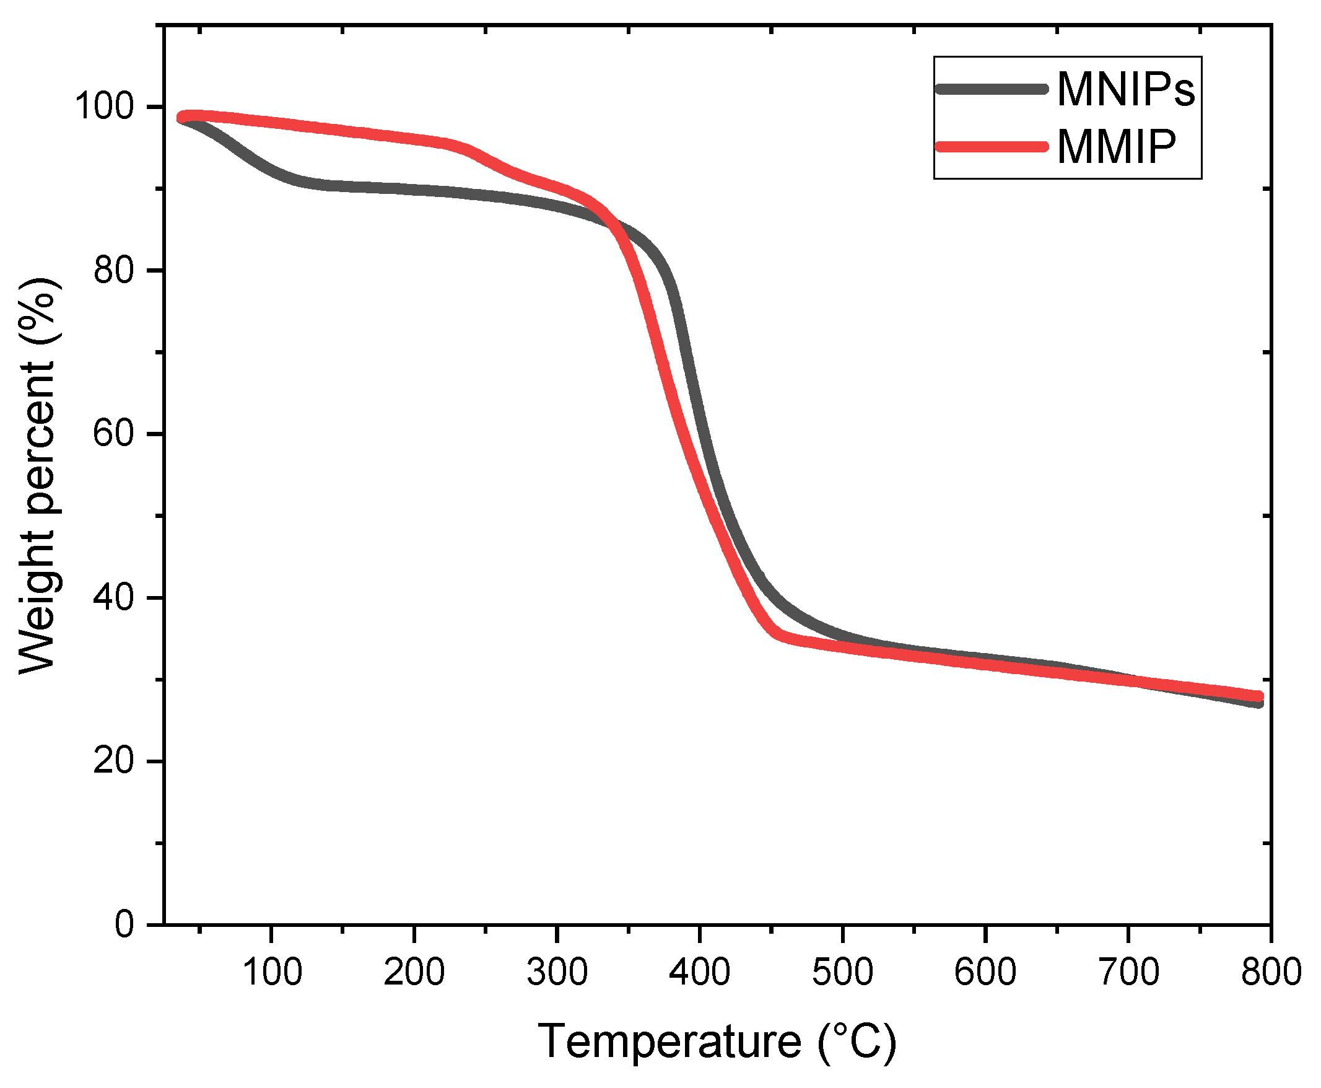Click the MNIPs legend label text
(x=1125, y=90)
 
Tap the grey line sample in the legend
(x=991, y=89)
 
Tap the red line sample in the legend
(x=991, y=147)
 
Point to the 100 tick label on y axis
(x=105, y=106)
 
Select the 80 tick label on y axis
(x=113, y=271)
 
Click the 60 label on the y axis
(x=113, y=434)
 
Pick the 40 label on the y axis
(x=113, y=597)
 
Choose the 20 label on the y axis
(x=113, y=761)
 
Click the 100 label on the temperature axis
(x=271, y=972)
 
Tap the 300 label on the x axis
(x=557, y=972)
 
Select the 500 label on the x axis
(x=842, y=972)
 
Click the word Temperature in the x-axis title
(x=669, y=1041)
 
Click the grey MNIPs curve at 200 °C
(x=414, y=189)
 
